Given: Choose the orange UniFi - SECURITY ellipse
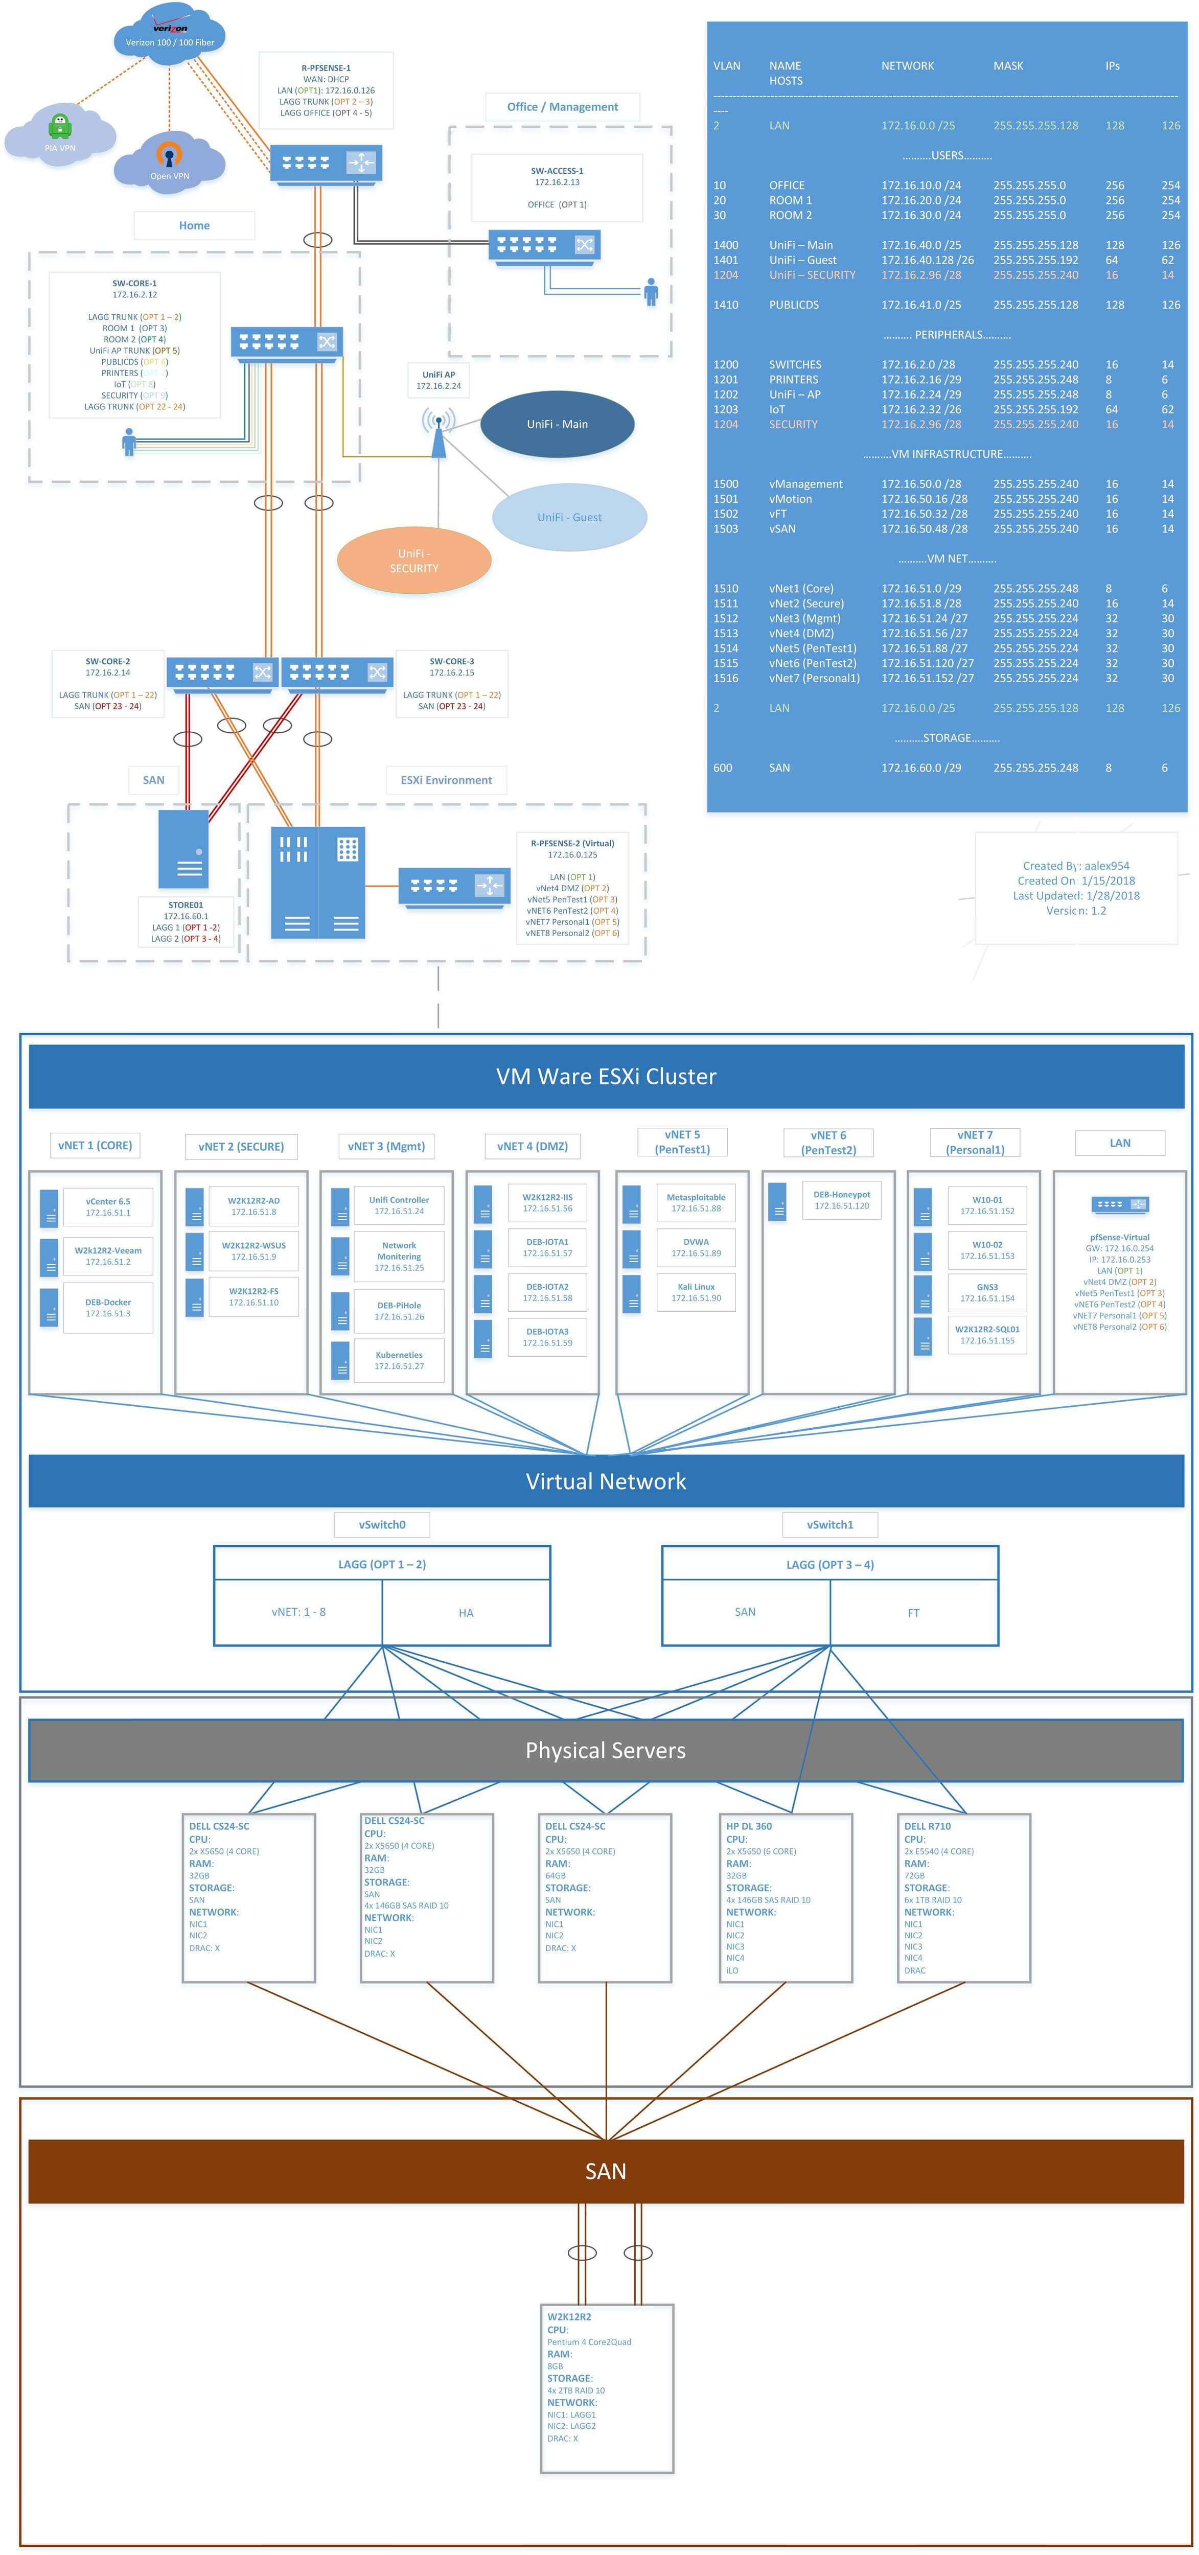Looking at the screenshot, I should click(413, 561).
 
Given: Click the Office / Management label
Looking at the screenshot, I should click(562, 107).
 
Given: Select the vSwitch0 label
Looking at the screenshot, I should click(382, 1524).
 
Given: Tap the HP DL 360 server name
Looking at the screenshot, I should click(749, 1826).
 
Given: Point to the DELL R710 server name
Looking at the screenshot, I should click(927, 1826).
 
